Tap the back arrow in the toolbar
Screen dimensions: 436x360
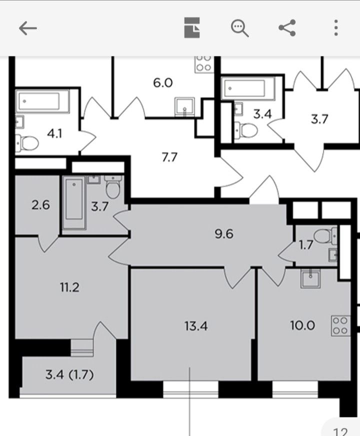28,28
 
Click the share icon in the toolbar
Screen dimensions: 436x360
287,27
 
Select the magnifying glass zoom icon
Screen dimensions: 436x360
240,28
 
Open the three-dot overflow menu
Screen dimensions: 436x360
336,27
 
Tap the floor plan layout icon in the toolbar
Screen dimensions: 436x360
192,28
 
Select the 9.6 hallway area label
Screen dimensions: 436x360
224,233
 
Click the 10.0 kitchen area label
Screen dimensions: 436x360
302,325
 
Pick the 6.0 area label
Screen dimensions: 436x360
163,82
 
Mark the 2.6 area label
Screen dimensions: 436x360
40,204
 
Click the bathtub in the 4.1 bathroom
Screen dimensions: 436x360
41,101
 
